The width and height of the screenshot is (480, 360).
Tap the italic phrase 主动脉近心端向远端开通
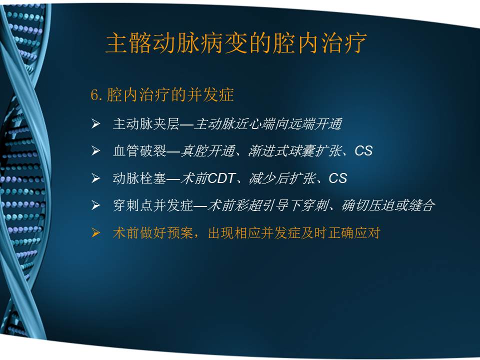(x=268, y=124)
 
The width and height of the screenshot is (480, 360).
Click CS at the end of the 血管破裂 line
(x=363, y=151)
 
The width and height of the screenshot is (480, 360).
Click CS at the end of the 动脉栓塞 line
(x=337, y=178)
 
